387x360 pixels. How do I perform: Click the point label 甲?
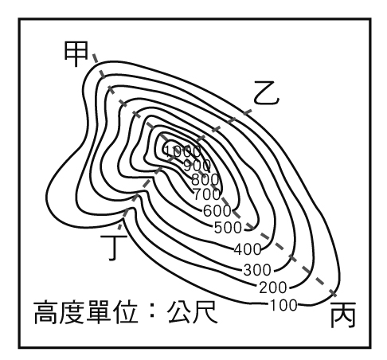coord(76,54)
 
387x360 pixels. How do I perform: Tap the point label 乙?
coord(266,93)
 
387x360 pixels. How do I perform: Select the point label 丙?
coord(342,315)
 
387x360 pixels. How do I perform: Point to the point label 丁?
coord(114,247)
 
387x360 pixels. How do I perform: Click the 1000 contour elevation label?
coord(182,151)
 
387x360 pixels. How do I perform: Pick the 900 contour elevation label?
coord(197,166)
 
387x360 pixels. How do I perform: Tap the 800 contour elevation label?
coord(205,179)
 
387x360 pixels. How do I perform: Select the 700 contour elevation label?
coord(206,194)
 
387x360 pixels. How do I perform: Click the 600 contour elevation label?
coord(217,211)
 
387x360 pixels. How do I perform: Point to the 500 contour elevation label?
coord(228,228)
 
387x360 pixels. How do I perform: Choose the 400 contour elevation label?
coord(248,249)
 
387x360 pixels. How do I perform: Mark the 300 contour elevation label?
coord(257,270)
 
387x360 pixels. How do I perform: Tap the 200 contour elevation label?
coord(273,288)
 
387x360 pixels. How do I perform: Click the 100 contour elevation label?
coord(283,305)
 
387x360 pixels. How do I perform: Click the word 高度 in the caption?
coord(59,311)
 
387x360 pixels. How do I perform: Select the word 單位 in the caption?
coord(111,311)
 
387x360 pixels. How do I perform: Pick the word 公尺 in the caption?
coord(193,311)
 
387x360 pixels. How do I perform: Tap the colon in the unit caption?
coord(152,312)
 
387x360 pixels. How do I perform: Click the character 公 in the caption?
coord(179,311)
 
